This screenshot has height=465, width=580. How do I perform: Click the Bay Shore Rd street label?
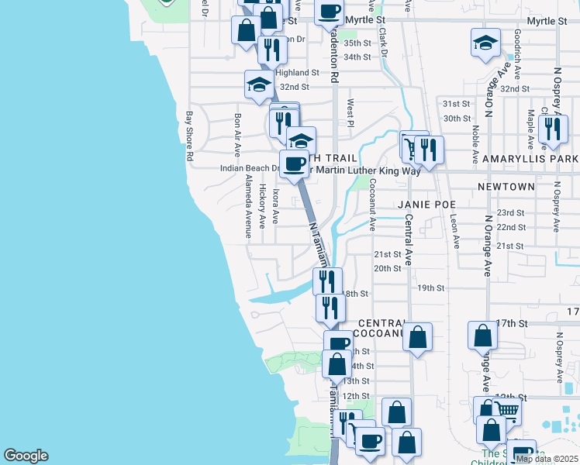pyautogui.click(x=188, y=136)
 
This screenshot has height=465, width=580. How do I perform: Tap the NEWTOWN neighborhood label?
pyautogui.click(x=506, y=187)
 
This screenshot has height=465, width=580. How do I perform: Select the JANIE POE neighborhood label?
pyautogui.click(x=423, y=205)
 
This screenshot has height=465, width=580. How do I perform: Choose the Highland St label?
pyautogui.click(x=292, y=72)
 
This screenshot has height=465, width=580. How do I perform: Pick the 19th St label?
pyautogui.click(x=430, y=288)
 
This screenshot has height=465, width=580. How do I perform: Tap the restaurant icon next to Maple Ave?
pyautogui.click(x=552, y=128)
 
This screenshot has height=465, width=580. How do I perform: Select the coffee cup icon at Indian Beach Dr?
pyautogui.click(x=294, y=164)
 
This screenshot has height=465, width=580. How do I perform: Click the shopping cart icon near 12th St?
pyautogui.click(x=506, y=409)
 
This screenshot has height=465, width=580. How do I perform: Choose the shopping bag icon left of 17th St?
pyautogui.click(x=482, y=335)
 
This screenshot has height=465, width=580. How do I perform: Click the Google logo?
pyautogui.click(x=26, y=456)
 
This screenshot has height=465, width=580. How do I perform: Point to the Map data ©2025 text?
pyautogui.click(x=547, y=459)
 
